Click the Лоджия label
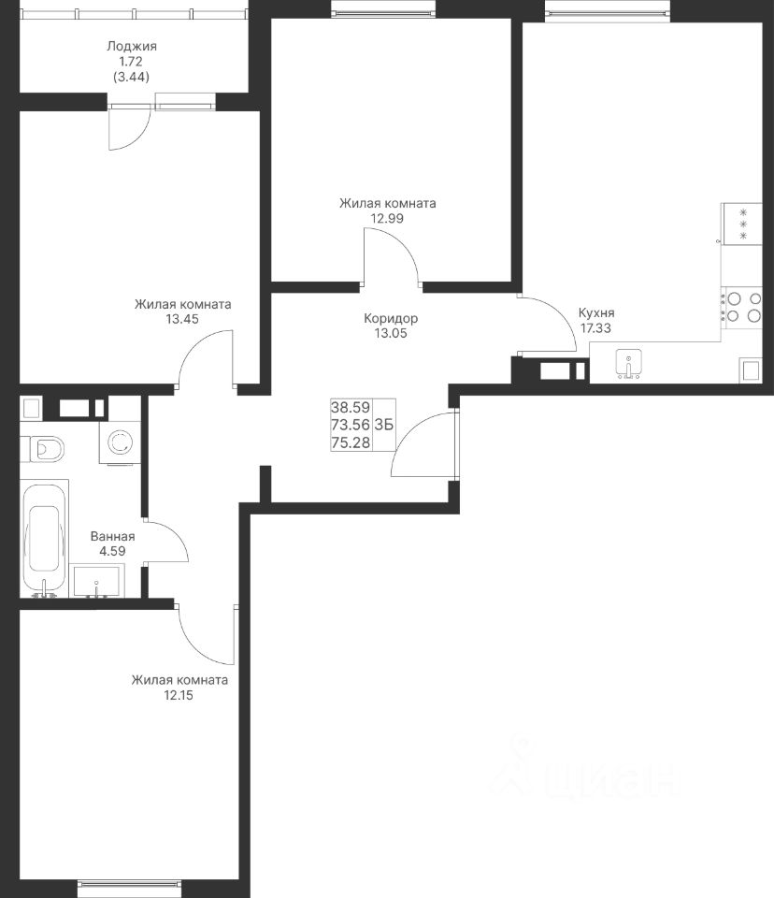click(132, 46)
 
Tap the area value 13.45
click(182, 319)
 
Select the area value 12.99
click(387, 218)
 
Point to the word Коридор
click(391, 318)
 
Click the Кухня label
click(596, 312)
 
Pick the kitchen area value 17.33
click(595, 328)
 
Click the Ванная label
click(113, 537)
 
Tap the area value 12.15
click(179, 695)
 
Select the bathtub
click(44, 539)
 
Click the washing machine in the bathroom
click(120, 442)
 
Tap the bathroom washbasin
click(97, 582)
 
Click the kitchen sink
click(628, 364)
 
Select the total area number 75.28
click(351, 442)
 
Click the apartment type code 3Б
click(384, 425)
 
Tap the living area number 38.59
click(351, 407)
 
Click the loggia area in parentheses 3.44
click(132, 77)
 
